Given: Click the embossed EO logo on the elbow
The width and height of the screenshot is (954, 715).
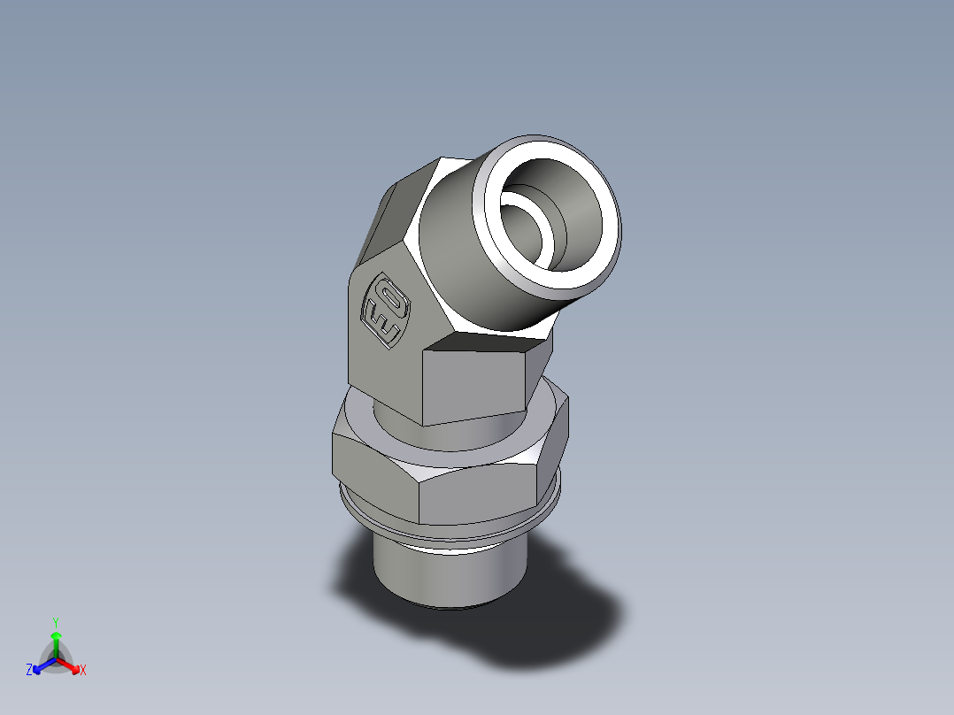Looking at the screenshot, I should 386,311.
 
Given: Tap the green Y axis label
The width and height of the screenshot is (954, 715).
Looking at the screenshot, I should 55,622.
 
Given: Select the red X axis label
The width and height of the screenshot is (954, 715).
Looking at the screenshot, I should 83,671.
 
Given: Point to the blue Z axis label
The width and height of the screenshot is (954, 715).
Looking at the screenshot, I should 29,671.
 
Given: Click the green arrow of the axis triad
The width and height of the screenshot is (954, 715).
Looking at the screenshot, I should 56,639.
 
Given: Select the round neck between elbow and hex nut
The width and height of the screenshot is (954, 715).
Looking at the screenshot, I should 398,425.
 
